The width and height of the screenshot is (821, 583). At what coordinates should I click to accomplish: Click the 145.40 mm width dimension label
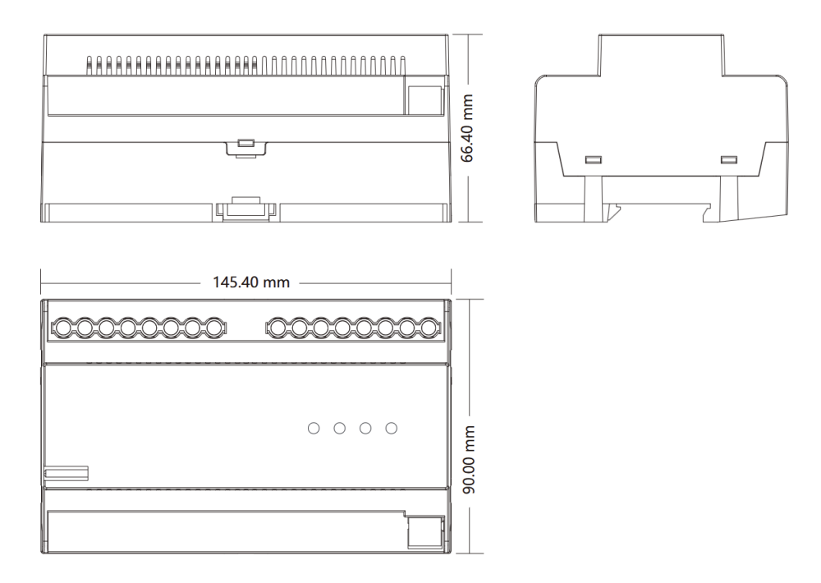click(250, 282)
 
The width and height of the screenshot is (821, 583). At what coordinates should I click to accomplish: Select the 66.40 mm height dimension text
click(467, 128)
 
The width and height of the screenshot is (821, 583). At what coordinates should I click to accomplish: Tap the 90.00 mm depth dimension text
click(469, 459)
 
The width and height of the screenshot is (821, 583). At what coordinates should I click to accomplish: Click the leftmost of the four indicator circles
click(314, 429)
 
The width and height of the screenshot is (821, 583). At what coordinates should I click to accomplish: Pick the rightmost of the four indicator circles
click(391, 429)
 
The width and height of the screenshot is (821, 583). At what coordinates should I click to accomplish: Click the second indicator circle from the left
click(339, 429)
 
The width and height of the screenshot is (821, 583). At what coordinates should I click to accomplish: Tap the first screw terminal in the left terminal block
click(63, 328)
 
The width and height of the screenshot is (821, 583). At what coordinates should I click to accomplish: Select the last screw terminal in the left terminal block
click(213, 328)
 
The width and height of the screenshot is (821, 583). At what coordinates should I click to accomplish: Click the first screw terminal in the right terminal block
click(277, 328)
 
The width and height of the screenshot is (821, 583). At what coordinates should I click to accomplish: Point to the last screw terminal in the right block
click(429, 328)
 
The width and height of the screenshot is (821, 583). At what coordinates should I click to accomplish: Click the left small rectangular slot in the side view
click(594, 160)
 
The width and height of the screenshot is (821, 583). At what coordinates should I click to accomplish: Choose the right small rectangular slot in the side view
click(729, 160)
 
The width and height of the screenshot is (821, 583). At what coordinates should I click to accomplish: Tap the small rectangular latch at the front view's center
click(246, 143)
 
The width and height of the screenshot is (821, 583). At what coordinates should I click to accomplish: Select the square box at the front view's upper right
click(424, 100)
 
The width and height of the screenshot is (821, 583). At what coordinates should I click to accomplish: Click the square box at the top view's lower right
click(425, 532)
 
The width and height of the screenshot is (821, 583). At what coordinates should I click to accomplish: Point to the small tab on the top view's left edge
click(66, 473)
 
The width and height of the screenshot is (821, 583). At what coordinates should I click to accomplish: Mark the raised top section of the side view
click(661, 55)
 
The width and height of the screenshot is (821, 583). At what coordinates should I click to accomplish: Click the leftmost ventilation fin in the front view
click(89, 66)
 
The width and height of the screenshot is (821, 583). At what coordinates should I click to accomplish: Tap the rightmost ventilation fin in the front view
click(402, 66)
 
